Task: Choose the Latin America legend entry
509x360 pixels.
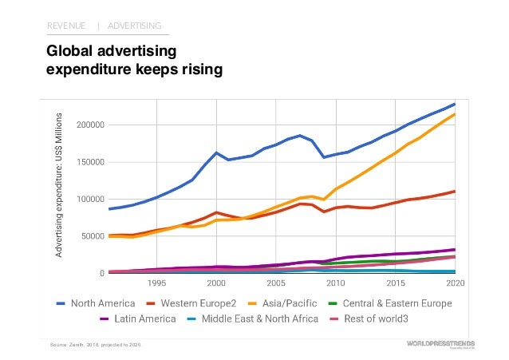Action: [143, 319]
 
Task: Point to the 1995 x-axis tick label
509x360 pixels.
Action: [156, 283]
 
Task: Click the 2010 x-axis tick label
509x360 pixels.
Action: [335, 283]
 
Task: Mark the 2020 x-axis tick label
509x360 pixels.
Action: [456, 283]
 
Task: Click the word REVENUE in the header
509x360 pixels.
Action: [66, 26]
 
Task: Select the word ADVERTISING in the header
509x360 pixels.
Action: [134, 26]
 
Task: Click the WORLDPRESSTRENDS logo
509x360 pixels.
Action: [435, 343]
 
